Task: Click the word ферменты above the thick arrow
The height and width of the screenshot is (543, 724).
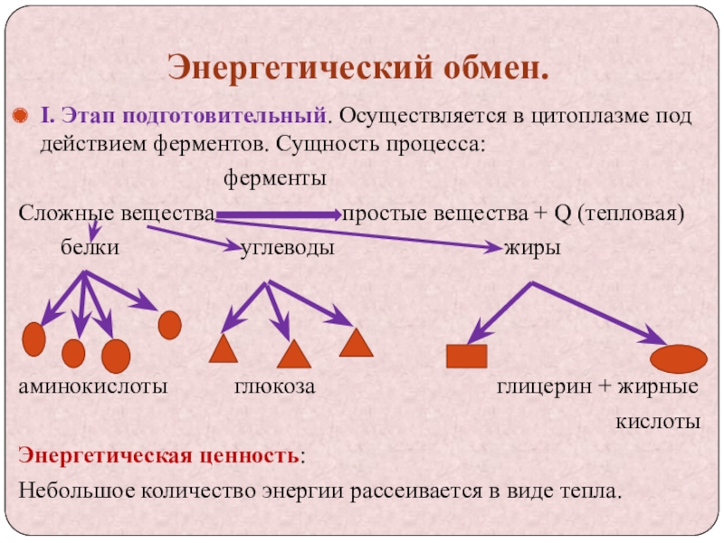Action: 274,179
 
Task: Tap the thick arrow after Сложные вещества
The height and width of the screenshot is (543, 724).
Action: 275,215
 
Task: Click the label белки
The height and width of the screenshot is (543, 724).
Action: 90,246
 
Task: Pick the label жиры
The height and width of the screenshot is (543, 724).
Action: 532,246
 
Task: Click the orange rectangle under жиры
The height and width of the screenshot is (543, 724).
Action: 466,356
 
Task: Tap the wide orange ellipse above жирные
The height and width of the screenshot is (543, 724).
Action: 679,358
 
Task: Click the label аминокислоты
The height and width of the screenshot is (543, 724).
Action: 93,386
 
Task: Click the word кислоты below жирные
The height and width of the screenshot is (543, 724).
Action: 659,422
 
